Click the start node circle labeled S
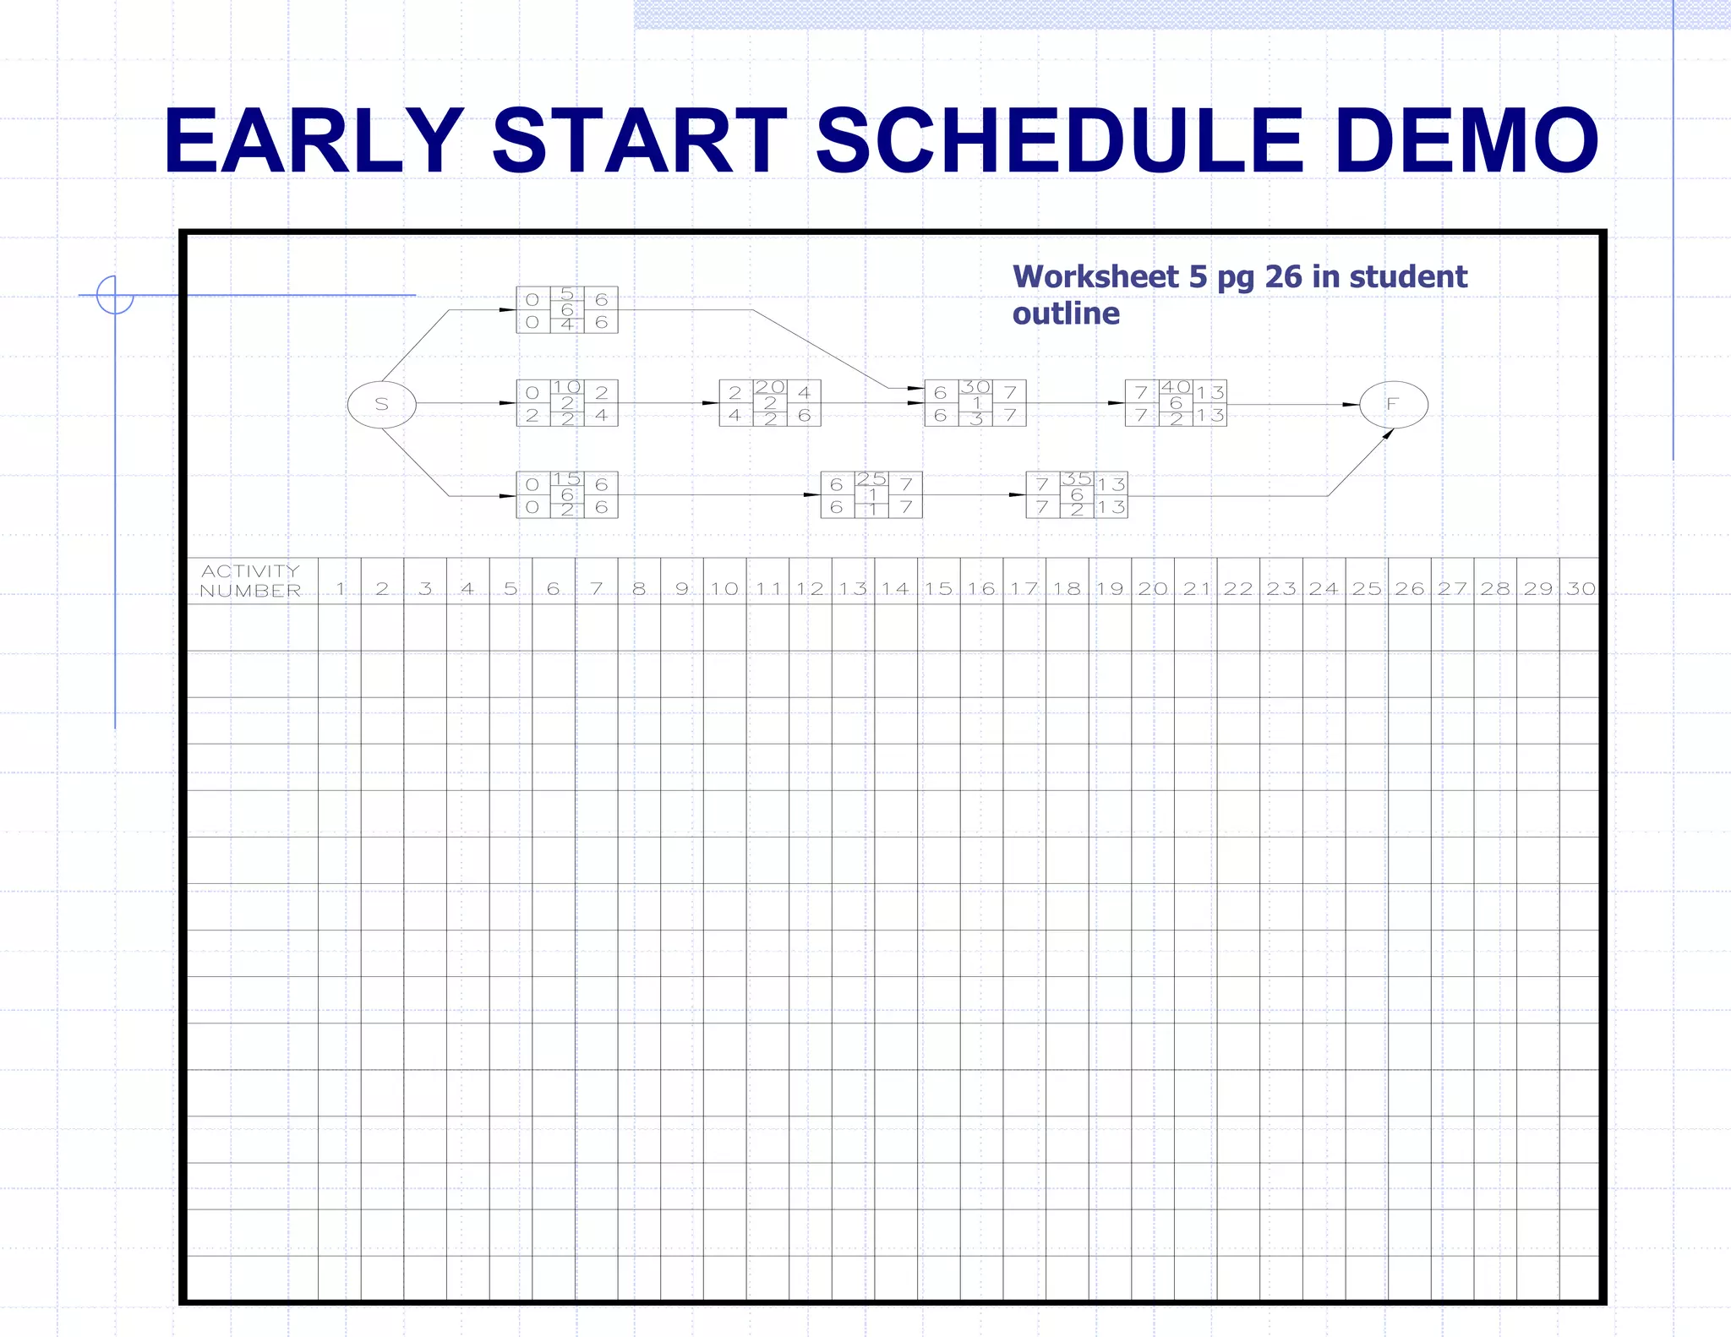[381, 404]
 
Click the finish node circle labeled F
[1393, 404]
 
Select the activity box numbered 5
[567, 309]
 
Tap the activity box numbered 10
[567, 403]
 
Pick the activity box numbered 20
[769, 403]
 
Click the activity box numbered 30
[975, 403]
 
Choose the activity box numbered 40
[1176, 403]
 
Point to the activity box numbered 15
[567, 494]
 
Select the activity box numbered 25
[871, 494]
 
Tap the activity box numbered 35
[1076, 494]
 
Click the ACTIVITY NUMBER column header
[251, 581]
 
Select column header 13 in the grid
[853, 588]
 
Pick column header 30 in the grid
[1580, 588]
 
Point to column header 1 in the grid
[340, 588]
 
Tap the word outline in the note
[1066, 314]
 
